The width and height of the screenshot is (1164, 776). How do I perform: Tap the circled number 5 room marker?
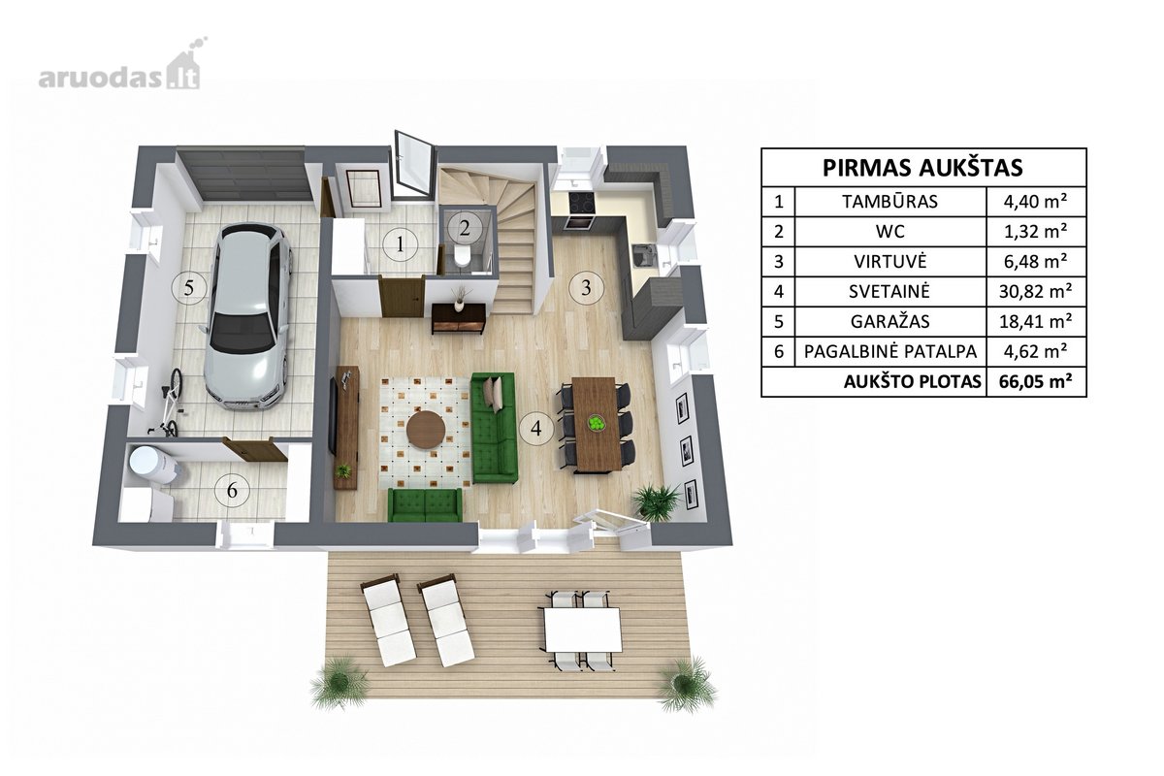188,287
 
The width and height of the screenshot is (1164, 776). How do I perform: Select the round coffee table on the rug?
426,430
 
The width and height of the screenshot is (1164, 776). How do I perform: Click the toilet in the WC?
462,256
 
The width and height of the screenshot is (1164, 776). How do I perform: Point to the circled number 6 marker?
232,490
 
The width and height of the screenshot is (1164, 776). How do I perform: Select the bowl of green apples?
596,423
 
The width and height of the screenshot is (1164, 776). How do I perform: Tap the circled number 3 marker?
586,287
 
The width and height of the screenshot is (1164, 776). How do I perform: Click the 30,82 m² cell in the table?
1036,292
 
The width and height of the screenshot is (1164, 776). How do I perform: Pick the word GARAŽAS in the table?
889,322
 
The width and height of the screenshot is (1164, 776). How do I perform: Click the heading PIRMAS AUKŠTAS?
922,168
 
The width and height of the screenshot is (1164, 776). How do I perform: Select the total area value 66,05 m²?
1036,382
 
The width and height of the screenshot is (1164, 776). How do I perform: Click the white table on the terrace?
583,629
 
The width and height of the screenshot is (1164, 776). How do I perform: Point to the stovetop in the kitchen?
582,203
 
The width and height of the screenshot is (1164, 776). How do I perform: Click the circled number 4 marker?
536,429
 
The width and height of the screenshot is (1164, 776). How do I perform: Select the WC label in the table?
890,231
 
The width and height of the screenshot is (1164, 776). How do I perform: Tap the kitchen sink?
644,256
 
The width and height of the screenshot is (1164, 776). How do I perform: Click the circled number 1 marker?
400,243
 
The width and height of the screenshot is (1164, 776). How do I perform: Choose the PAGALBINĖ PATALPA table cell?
890,352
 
